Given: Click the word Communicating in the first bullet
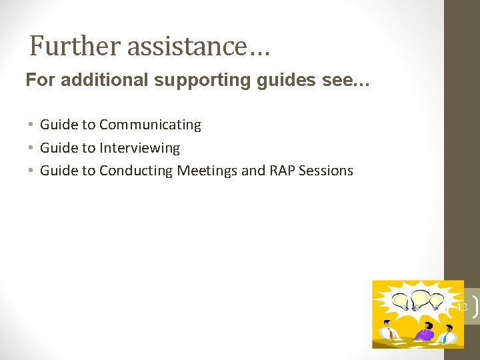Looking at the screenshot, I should click(x=150, y=125).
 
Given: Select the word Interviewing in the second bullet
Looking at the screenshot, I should click(x=139, y=147).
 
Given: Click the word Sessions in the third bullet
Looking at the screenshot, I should click(x=326, y=171).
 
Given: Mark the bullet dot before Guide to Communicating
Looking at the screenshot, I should click(x=31, y=125).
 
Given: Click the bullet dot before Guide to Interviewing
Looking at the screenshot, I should click(x=31, y=147).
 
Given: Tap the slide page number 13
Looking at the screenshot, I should click(x=461, y=307).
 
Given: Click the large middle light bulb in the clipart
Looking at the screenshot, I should click(x=420, y=297).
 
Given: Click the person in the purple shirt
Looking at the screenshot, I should click(x=423, y=331).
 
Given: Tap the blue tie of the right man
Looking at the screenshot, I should click(x=445, y=337).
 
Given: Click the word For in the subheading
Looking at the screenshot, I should click(x=37, y=81).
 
